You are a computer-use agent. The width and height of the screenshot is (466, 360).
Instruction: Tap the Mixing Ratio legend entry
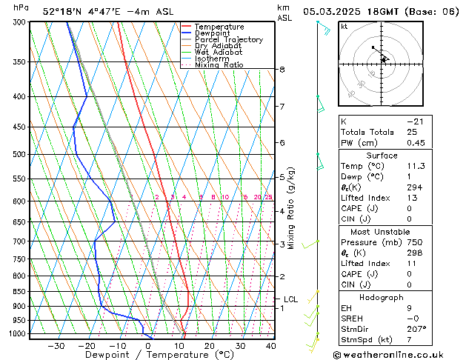coord(219,65)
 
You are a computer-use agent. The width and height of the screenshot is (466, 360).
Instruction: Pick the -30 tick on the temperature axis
coord(56,345)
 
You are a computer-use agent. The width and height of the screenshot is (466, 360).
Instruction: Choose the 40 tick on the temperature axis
coord(271,345)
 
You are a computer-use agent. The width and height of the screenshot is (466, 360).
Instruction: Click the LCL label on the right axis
coord(290,299)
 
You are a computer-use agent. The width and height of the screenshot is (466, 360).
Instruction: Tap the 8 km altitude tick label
coord(282,70)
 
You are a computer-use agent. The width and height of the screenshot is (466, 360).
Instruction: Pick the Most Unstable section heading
coord(381,232)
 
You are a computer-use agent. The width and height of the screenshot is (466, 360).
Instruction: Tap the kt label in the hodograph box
coord(344,27)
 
